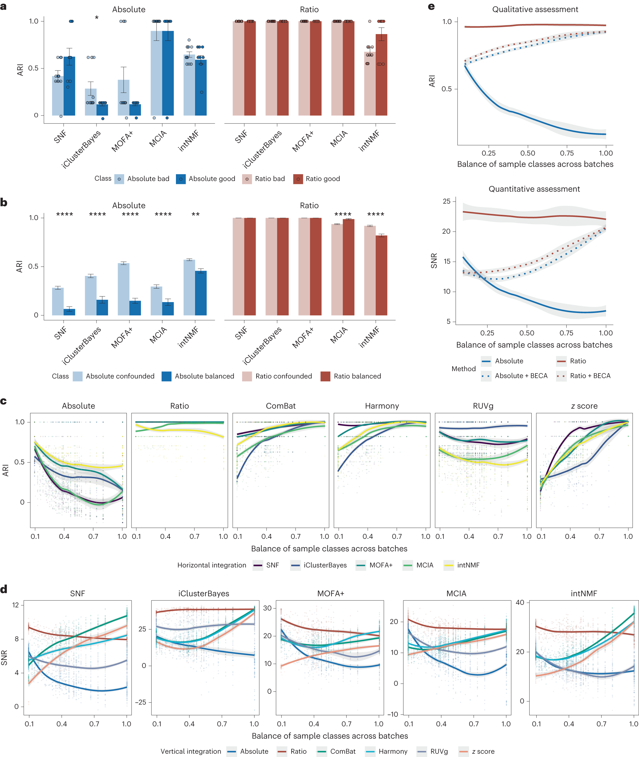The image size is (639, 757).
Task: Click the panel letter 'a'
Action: coord(3,6)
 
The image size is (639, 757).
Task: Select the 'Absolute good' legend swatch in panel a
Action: coord(180,179)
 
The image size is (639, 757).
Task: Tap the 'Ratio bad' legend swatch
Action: coord(247,179)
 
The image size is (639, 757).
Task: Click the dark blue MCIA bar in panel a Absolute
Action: coord(168,72)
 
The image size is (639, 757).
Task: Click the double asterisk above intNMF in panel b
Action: coord(196,214)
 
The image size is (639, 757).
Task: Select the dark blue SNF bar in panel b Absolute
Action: coord(69,312)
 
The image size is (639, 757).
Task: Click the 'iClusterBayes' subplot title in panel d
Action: coord(204,593)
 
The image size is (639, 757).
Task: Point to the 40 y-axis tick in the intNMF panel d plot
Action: coord(520,602)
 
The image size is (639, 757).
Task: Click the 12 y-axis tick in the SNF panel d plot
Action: coord(15,605)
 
